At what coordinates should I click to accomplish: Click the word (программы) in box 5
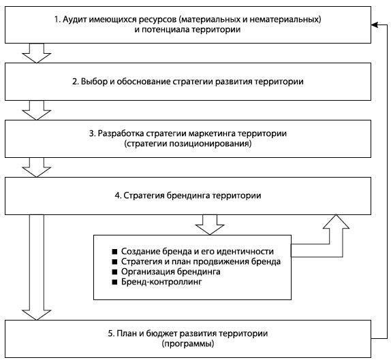click(x=188, y=344)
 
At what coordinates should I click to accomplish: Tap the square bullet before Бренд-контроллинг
click(x=114, y=282)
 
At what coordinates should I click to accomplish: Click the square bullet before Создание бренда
click(x=114, y=252)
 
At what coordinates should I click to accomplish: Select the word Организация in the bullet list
click(x=146, y=272)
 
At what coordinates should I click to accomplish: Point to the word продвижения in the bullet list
click(x=221, y=262)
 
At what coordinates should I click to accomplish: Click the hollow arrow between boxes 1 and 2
click(x=36, y=53)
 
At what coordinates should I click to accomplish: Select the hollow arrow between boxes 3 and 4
click(x=36, y=167)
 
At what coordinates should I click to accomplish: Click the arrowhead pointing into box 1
click(x=375, y=24)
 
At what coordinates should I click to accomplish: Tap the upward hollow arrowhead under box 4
click(x=336, y=221)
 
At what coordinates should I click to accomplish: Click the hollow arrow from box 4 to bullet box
click(x=210, y=225)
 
